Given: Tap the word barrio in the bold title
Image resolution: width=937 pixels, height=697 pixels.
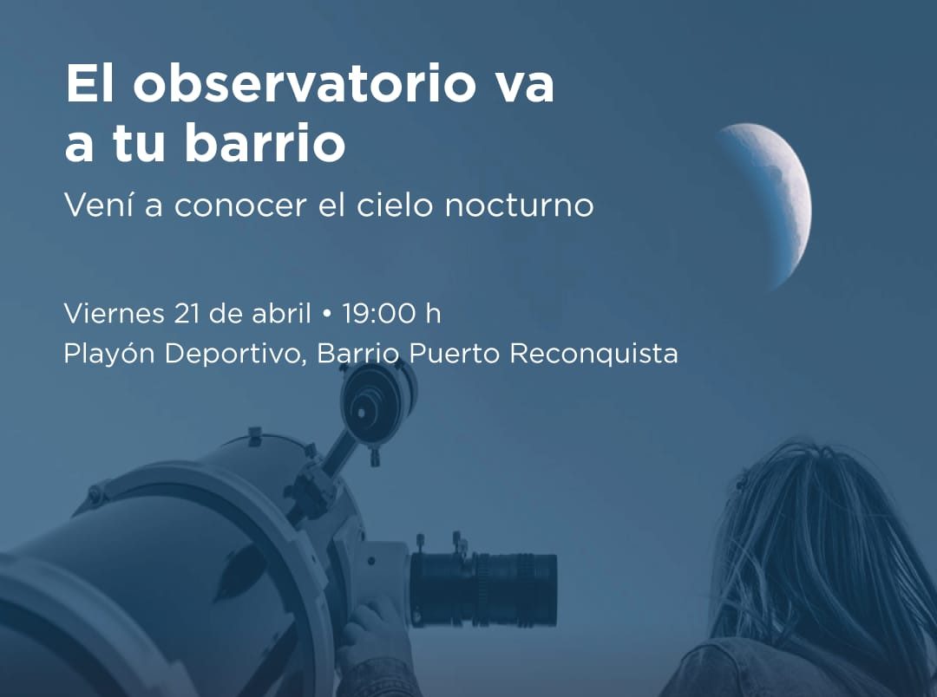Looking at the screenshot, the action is coord(265,141).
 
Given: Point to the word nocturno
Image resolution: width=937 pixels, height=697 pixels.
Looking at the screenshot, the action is coord(520,205).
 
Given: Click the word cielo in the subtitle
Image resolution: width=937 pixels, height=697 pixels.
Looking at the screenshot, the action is coord(395,205).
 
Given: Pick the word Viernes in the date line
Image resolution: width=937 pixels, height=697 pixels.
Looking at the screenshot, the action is coord(114,314).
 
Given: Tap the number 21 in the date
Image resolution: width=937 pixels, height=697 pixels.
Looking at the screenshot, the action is coord(187,314).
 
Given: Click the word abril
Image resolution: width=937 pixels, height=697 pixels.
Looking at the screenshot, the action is coord(281,313).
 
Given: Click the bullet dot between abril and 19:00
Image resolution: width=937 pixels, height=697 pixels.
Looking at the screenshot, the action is coord(326,314).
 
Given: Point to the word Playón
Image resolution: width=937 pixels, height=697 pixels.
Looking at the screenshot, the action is coord(108,354).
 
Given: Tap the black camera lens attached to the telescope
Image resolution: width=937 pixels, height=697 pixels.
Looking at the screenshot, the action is coord(483,590).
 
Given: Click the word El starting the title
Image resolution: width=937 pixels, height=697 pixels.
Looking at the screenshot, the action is coord(89,82).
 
